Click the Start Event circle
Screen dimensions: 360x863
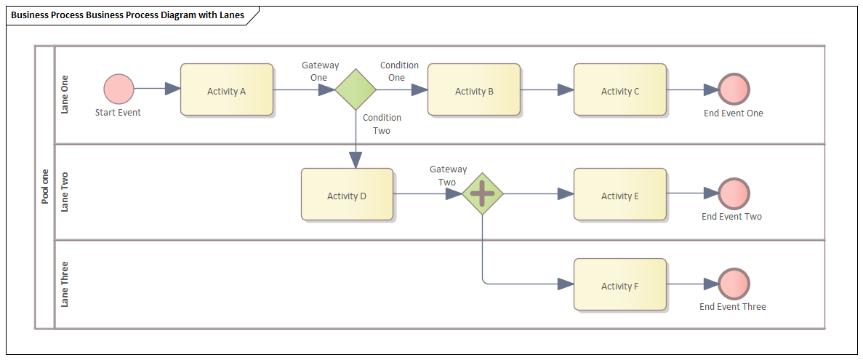point(119,89)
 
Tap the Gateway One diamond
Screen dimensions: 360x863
point(356,89)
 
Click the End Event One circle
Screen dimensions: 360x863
point(734,89)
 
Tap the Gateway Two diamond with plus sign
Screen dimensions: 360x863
point(483,194)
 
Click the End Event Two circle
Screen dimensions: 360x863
point(734,194)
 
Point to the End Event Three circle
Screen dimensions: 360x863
point(734,284)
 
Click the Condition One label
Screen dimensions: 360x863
point(399,71)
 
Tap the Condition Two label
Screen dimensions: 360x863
point(382,124)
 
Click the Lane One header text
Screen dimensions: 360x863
point(65,95)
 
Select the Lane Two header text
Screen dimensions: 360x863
point(65,192)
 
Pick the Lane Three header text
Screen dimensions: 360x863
point(65,284)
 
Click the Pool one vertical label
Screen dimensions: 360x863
point(45,186)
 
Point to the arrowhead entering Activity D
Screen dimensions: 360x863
point(356,160)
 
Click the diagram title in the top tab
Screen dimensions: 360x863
point(128,15)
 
